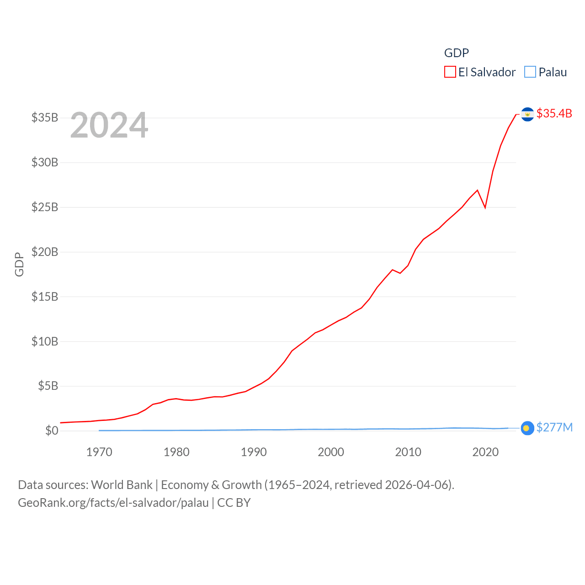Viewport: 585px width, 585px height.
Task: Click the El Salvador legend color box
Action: coord(450,72)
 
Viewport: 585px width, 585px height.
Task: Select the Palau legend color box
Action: coord(530,72)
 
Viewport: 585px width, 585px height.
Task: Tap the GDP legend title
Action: coord(456,53)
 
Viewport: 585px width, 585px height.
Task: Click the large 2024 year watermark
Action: coord(109,125)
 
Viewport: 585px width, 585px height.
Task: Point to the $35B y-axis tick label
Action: coord(45,117)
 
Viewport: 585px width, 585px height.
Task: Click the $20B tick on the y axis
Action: coord(45,252)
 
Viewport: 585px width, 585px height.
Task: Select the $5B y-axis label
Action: coord(48,386)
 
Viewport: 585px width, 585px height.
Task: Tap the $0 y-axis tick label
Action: coord(52,431)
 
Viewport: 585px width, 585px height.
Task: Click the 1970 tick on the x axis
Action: coord(99,452)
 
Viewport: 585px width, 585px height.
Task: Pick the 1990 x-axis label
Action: coord(254,452)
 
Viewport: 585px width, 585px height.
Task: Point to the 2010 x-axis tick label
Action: coord(408,452)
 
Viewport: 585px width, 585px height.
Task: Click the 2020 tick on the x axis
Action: coord(485,452)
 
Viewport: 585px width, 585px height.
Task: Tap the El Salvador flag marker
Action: coord(527,114)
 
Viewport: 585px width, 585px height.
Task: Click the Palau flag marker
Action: coord(527,428)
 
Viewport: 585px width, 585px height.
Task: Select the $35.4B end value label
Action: coord(554,113)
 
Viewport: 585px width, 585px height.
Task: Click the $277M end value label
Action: coord(554,427)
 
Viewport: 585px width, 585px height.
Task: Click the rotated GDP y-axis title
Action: coord(19,264)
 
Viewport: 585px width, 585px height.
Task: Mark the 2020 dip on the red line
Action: coord(485,207)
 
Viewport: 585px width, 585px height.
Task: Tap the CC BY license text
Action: coord(234,503)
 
